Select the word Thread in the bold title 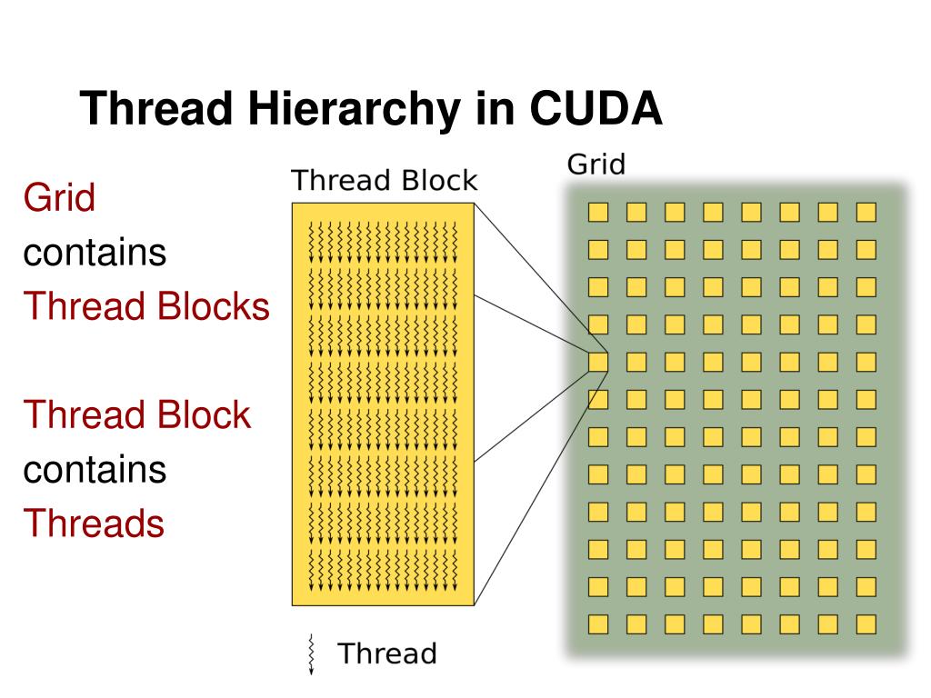(155, 111)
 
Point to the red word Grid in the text (59, 197)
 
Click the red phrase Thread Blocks (146, 306)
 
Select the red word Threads (94, 523)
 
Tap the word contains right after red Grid (95, 252)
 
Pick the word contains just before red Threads (95, 470)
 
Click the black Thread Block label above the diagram (384, 181)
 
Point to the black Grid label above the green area (596, 165)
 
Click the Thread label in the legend (387, 653)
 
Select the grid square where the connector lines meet (597, 362)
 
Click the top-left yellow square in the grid (597, 212)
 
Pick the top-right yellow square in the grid (866, 212)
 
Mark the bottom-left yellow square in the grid (597, 624)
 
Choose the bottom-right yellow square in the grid (866, 624)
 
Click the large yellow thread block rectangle (383, 404)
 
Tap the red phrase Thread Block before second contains (136, 415)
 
